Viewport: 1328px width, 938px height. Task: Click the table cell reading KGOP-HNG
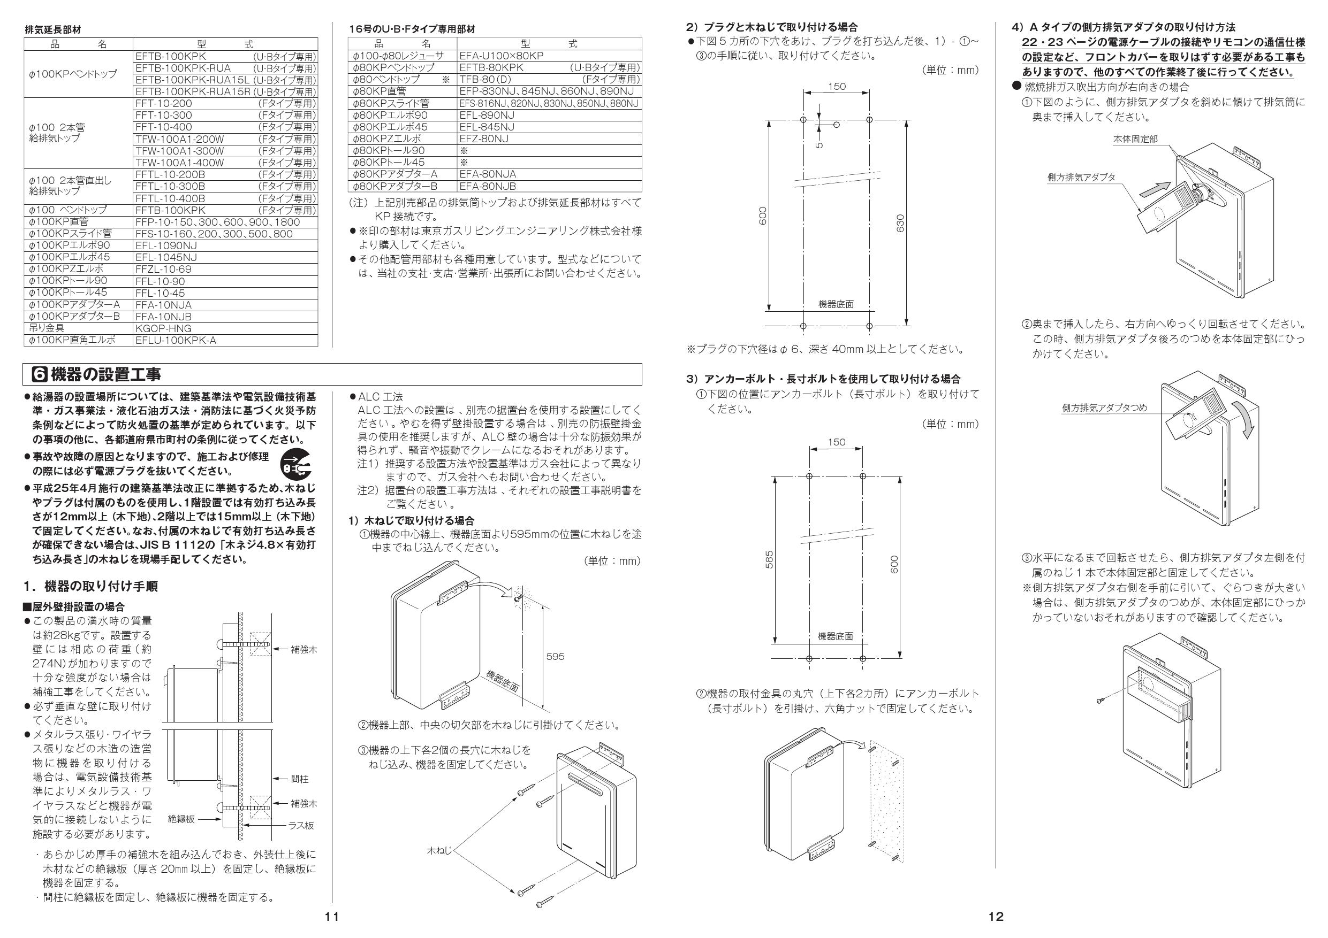click(164, 328)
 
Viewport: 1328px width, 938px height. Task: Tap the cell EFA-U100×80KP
click(501, 56)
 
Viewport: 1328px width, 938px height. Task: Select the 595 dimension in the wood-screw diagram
click(555, 657)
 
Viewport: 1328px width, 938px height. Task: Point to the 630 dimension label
click(900, 223)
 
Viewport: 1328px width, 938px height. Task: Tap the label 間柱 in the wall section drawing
click(300, 779)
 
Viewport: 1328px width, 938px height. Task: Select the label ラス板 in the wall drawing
click(301, 825)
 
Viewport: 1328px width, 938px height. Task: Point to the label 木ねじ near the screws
click(439, 850)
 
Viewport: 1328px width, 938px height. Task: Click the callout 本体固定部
click(1135, 139)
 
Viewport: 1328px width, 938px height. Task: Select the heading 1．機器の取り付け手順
click(91, 586)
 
